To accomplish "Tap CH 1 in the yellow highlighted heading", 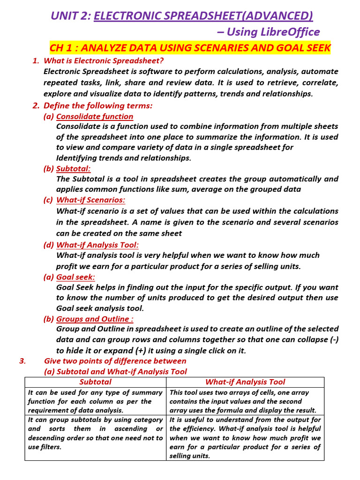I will point(62,48).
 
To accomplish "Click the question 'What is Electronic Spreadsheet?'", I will point(104,60).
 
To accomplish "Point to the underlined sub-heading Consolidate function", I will point(95,116).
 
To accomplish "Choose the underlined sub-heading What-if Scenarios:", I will point(91,200).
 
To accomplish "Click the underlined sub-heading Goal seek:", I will point(75,277).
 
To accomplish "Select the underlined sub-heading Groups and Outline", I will point(95,319).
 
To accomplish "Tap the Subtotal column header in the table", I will point(95,382).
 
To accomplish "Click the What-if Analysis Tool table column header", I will point(245,382).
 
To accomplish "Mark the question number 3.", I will point(22,361).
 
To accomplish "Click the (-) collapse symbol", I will point(332,340).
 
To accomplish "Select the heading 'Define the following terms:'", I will point(98,105).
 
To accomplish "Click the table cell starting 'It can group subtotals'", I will point(95,433).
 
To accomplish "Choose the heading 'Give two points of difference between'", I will point(115,361).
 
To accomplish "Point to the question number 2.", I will point(36,105).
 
